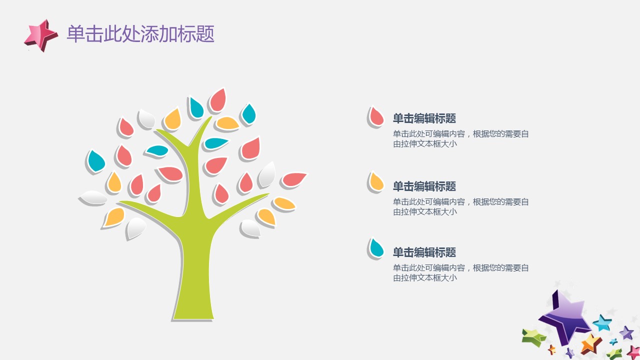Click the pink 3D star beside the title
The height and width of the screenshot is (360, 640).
pos(41,35)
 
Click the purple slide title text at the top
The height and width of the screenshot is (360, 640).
pos(140,34)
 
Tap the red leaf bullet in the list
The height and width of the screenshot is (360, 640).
pos(376,117)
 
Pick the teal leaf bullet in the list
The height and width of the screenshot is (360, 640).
pos(376,248)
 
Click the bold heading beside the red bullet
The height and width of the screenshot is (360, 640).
pos(424,118)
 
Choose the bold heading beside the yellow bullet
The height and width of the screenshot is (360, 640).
pos(424,186)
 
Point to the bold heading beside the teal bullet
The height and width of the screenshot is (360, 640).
pos(424,252)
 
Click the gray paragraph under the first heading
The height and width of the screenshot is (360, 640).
pos(460,139)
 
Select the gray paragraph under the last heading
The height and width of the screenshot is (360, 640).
pos(460,273)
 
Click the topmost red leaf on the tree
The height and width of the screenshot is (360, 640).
pos(218,99)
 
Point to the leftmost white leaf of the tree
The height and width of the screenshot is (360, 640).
pos(93,197)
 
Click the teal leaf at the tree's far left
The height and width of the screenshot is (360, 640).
pos(96,161)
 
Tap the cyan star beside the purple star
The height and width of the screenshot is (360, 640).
pos(602,323)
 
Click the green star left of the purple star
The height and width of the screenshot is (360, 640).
pos(533,337)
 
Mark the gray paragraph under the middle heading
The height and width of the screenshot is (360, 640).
pos(460,207)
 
